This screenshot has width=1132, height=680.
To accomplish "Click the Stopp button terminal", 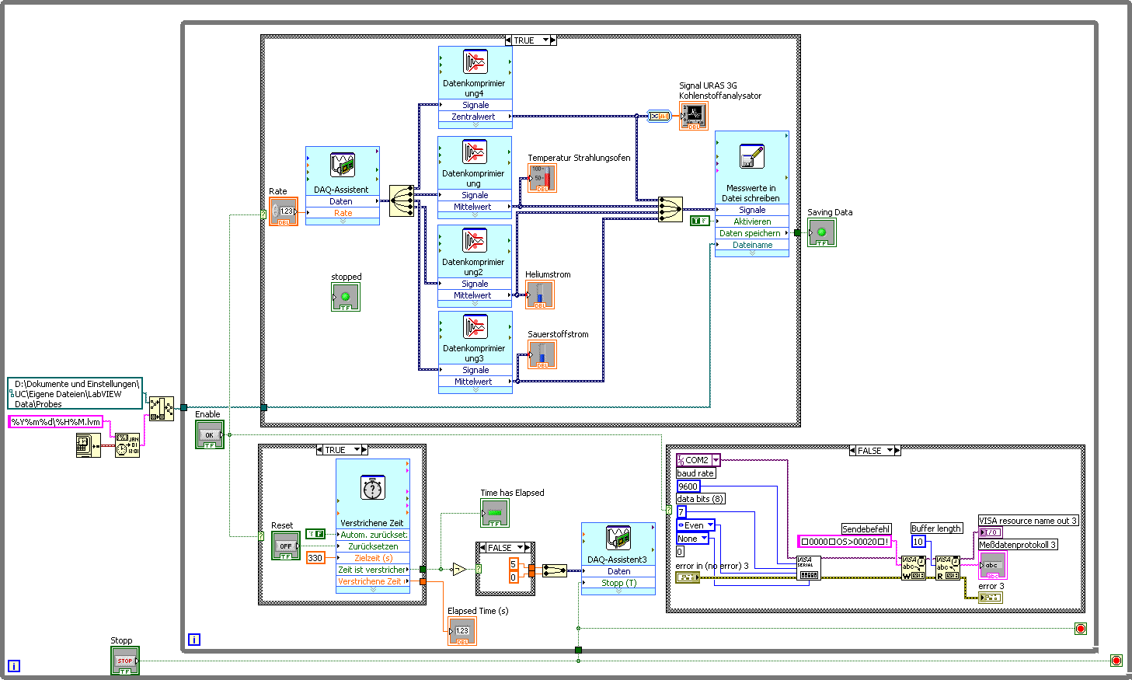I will (124, 661).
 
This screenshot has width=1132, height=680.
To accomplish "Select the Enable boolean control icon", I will (209, 435).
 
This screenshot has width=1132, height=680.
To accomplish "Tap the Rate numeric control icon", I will (284, 211).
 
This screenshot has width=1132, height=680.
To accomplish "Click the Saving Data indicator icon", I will (821, 232).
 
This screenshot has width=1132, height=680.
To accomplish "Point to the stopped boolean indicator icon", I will (346, 297).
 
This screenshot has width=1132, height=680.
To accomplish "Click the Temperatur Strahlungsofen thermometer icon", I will (542, 178).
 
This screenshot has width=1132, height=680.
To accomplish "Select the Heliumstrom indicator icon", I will (540, 295).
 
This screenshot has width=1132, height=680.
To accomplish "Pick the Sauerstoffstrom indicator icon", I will (542, 355).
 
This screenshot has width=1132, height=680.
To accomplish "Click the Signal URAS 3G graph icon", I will (693, 116).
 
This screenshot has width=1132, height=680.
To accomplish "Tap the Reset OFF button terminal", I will (285, 546).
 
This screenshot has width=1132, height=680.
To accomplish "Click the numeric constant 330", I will (315, 558).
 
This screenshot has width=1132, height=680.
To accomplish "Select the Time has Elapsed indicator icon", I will (495, 514).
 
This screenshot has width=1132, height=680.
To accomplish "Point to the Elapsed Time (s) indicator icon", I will (462, 631).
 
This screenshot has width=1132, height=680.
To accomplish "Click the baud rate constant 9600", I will (688, 486).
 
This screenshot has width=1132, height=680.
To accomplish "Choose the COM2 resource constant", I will (698, 460).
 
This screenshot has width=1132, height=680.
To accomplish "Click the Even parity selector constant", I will (695, 525).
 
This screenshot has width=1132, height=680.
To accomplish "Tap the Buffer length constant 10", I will (918, 542).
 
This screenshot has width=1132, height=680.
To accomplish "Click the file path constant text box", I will (75, 394).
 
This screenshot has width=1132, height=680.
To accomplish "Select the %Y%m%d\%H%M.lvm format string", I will (56, 422).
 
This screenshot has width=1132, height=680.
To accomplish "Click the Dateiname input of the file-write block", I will (752, 245).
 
